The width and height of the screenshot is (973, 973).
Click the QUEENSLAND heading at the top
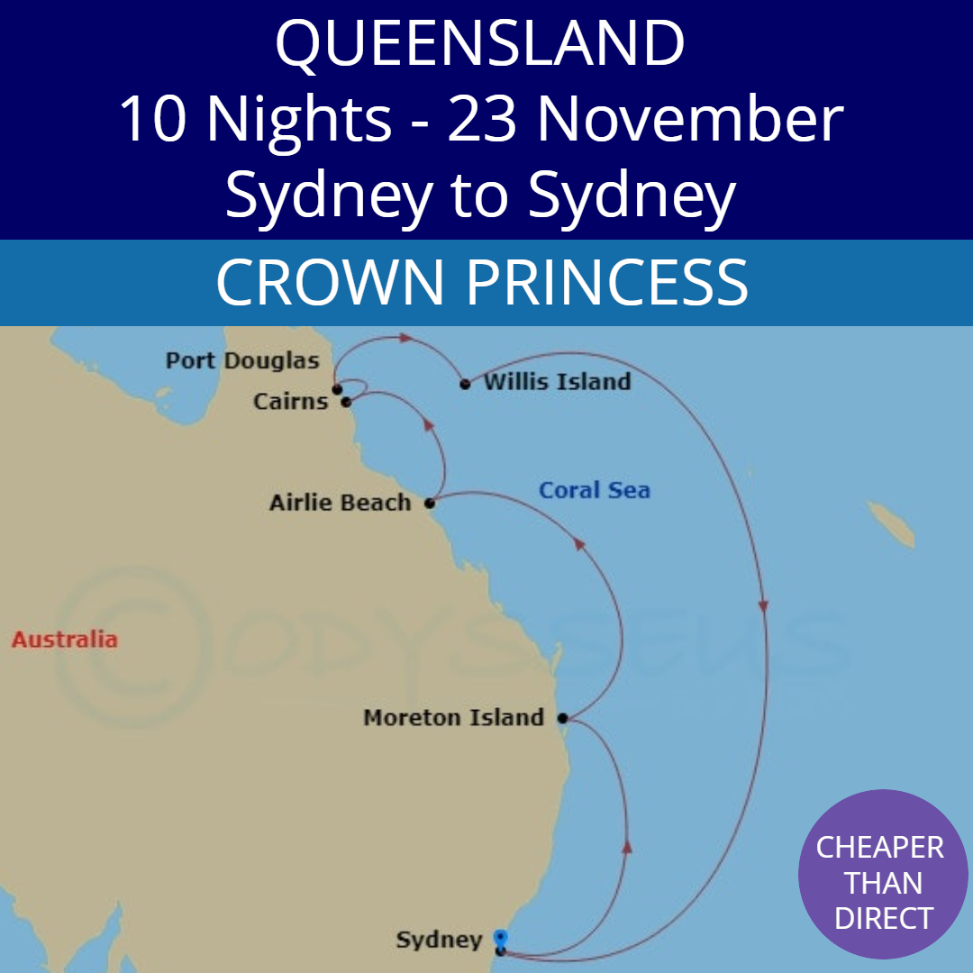(x=480, y=43)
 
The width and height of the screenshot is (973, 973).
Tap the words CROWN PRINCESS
(x=482, y=282)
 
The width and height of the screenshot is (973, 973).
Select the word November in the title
(x=686, y=120)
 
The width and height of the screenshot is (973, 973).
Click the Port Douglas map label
(x=242, y=361)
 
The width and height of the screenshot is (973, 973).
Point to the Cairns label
(x=290, y=402)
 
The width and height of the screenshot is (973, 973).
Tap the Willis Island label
(x=557, y=382)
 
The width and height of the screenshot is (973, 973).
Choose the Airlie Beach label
(x=341, y=503)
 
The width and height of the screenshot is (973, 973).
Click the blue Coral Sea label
(x=594, y=491)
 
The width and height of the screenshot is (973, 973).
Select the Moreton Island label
(x=453, y=718)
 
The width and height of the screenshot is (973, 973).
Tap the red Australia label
(x=64, y=640)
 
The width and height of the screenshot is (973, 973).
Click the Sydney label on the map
(x=439, y=941)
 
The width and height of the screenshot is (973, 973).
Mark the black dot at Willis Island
(x=465, y=385)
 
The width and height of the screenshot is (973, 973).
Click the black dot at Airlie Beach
(x=430, y=504)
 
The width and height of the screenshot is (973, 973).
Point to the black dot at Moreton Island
(x=562, y=719)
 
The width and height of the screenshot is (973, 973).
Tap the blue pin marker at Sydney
(x=501, y=938)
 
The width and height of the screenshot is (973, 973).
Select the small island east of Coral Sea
(x=890, y=526)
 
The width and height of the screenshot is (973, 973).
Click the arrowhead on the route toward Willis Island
(x=406, y=339)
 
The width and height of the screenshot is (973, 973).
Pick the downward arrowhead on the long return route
(x=764, y=606)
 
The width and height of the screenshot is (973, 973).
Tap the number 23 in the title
(x=482, y=120)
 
